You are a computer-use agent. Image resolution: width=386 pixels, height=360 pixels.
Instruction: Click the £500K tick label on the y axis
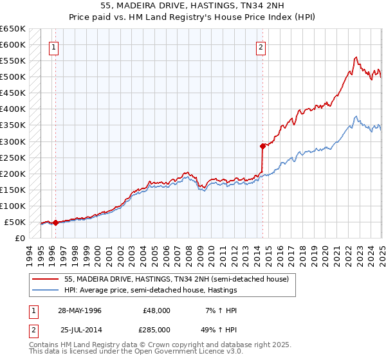click(x=13, y=77)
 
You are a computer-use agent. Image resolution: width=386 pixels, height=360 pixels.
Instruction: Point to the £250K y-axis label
click(x=13, y=157)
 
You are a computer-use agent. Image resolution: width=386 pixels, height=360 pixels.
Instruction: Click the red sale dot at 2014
click(x=262, y=146)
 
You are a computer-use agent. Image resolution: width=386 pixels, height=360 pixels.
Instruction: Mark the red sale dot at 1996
click(x=56, y=223)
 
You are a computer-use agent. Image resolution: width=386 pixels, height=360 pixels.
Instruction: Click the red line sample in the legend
click(x=46, y=279)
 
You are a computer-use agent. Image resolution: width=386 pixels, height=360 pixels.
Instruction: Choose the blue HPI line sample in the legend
click(x=46, y=290)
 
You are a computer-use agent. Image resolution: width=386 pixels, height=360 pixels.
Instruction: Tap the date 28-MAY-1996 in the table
click(x=80, y=310)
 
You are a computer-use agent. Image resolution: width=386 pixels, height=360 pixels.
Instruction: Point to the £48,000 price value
click(x=157, y=310)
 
